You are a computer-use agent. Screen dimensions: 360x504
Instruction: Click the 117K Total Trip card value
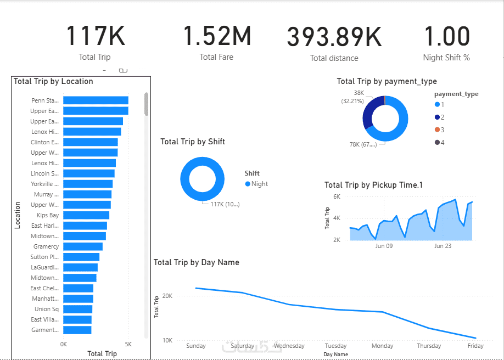(96, 36)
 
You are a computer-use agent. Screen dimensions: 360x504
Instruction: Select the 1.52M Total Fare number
(217, 36)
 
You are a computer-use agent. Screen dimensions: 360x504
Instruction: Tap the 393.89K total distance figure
(334, 37)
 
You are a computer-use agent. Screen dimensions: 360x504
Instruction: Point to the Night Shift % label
(446, 58)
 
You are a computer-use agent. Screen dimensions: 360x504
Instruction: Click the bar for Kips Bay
(86, 215)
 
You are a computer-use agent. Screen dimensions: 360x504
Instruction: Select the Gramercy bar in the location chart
(83, 246)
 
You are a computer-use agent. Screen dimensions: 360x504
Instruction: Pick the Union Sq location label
(47, 309)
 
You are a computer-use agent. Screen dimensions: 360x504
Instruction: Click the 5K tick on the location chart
(128, 344)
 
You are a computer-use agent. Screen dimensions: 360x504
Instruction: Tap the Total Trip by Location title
(53, 81)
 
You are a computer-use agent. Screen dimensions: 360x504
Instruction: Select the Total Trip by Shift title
(193, 142)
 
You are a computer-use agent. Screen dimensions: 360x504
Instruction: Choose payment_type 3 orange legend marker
(437, 130)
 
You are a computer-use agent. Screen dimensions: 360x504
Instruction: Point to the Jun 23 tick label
(443, 246)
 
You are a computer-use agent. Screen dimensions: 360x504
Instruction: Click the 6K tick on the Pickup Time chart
(337, 196)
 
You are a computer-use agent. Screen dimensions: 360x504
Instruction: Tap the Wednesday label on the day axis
(289, 346)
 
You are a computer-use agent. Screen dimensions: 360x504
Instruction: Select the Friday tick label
(475, 346)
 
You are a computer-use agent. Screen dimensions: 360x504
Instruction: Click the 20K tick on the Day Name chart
(167, 296)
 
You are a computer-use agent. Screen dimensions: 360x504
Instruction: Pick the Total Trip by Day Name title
(196, 262)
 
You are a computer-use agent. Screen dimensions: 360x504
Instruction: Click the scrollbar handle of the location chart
(146, 104)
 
